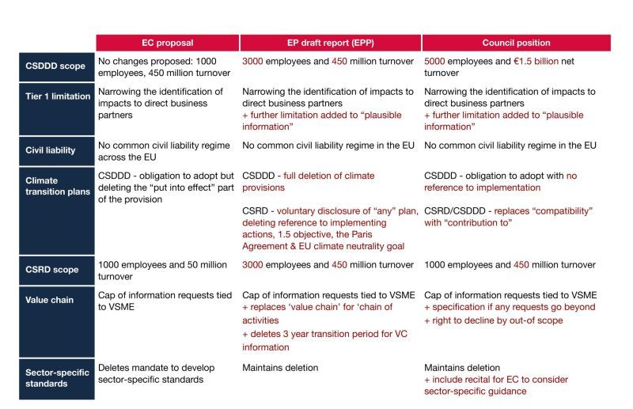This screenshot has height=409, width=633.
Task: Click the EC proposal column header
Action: (x=168, y=43)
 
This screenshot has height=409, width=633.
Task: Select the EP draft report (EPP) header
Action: (x=331, y=43)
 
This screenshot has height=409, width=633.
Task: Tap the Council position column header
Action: (x=517, y=43)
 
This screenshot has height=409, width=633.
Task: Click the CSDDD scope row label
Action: (x=56, y=66)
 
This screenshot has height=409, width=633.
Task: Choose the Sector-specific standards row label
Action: (x=56, y=379)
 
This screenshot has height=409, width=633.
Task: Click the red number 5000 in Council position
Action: (x=434, y=62)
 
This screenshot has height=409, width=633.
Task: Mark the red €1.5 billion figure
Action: (x=536, y=62)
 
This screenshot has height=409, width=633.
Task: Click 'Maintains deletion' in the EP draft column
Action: (x=280, y=368)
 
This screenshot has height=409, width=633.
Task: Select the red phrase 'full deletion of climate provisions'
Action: (x=309, y=182)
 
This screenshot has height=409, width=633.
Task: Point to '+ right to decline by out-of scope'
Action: (x=493, y=320)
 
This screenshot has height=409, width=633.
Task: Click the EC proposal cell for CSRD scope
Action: (x=162, y=271)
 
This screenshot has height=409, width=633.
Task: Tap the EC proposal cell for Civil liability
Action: (x=164, y=151)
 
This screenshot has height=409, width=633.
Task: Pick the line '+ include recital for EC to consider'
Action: (x=496, y=380)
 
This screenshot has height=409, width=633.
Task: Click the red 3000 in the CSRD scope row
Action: (x=252, y=265)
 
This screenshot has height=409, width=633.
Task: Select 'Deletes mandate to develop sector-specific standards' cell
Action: (x=156, y=373)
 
